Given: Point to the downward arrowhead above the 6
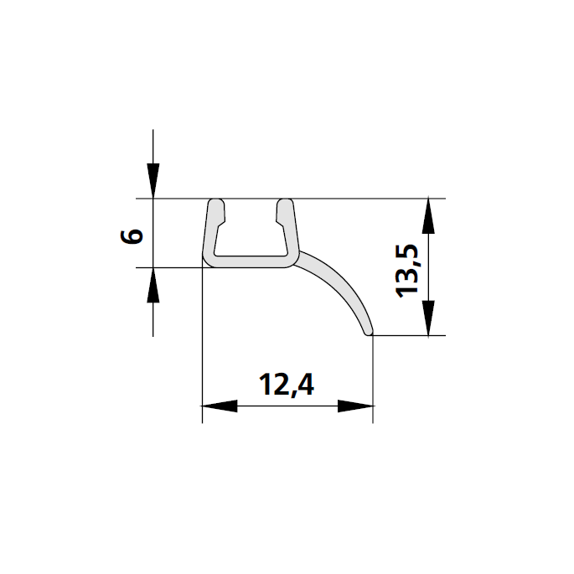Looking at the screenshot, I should point(153,181).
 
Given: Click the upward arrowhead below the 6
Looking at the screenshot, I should point(153,286).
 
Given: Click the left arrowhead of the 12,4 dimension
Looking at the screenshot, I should point(220,406).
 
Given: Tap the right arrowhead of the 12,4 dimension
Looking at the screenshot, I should point(356,406).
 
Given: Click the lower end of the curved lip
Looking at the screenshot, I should point(368,332).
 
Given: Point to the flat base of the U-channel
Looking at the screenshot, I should point(250,262).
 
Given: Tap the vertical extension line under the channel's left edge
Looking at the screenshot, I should point(204,352).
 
